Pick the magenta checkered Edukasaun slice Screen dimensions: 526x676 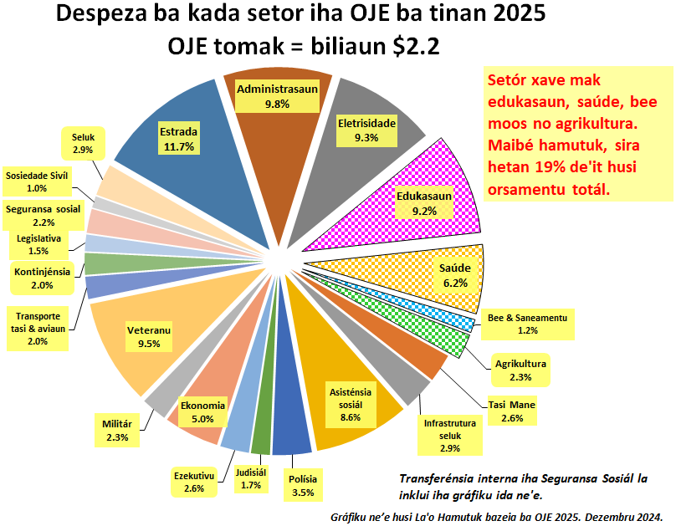418,209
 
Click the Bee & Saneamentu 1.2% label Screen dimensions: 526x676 527,324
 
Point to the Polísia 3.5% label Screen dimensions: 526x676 303,486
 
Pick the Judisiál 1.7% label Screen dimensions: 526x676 251,477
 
